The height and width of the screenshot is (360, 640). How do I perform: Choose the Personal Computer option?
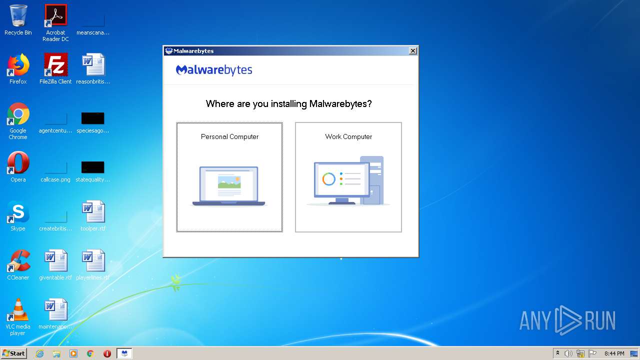click(x=229, y=177)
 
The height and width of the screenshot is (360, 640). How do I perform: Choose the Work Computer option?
click(x=348, y=177)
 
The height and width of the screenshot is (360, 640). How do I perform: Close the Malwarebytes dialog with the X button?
click(x=412, y=51)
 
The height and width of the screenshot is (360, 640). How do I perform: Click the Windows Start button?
click(x=14, y=353)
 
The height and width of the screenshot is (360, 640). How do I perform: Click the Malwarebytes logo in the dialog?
click(x=214, y=70)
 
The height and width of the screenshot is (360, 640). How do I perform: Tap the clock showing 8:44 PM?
click(x=614, y=353)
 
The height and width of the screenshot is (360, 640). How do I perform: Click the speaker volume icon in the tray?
click(x=568, y=353)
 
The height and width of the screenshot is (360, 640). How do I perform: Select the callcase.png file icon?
click(x=55, y=167)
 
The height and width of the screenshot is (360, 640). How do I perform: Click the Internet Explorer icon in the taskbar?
click(x=40, y=353)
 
